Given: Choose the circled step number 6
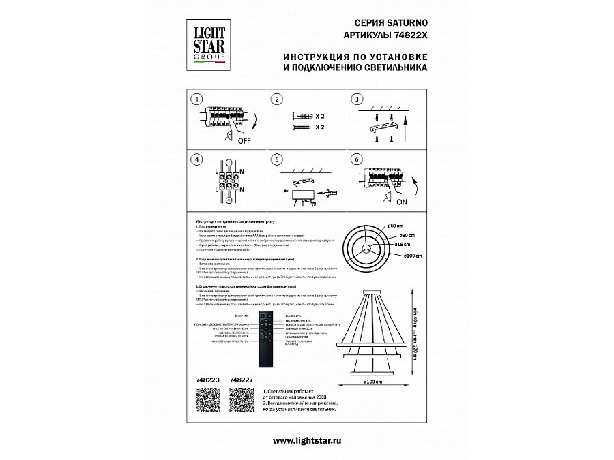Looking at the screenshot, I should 355,159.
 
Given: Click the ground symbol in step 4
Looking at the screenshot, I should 228,200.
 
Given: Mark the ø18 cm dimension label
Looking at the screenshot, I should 401,245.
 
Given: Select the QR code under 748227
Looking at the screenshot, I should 241,399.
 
